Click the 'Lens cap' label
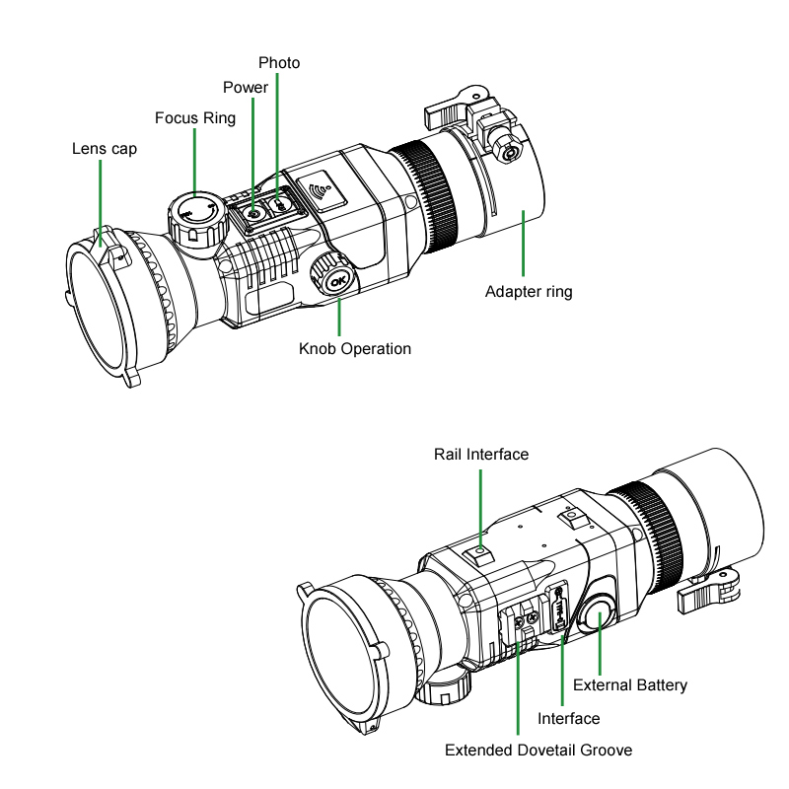click(105, 149)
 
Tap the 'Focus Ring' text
click(195, 118)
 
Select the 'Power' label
click(246, 88)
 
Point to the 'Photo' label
click(279, 63)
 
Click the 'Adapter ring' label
click(529, 292)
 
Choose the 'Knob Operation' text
click(355, 349)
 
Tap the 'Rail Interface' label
click(481, 455)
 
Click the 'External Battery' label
click(630, 685)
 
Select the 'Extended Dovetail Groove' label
click(538, 751)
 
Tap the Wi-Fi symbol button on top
click(322, 191)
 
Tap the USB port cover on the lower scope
click(558, 608)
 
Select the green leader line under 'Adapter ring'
click(524, 244)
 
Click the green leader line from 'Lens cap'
click(101, 203)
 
